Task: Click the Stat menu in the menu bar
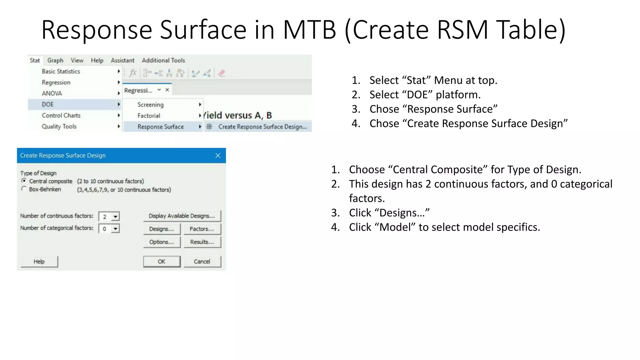tap(35, 60)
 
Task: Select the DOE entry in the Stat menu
tap(48, 104)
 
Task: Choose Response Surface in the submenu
tap(161, 127)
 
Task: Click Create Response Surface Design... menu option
tap(262, 127)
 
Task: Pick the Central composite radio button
tap(24, 181)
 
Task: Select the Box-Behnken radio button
tap(24, 189)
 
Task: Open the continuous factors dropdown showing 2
tap(115, 217)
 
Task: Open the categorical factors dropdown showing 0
tap(115, 229)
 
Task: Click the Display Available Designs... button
tap(182, 216)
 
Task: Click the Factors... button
tap(202, 229)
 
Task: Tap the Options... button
tap(162, 242)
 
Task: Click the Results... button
tap(202, 242)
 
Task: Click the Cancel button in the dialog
tap(202, 262)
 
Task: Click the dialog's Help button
tap(39, 262)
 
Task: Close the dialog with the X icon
tap(218, 156)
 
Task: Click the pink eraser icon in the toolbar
tap(222, 73)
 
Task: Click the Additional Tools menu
tap(163, 60)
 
